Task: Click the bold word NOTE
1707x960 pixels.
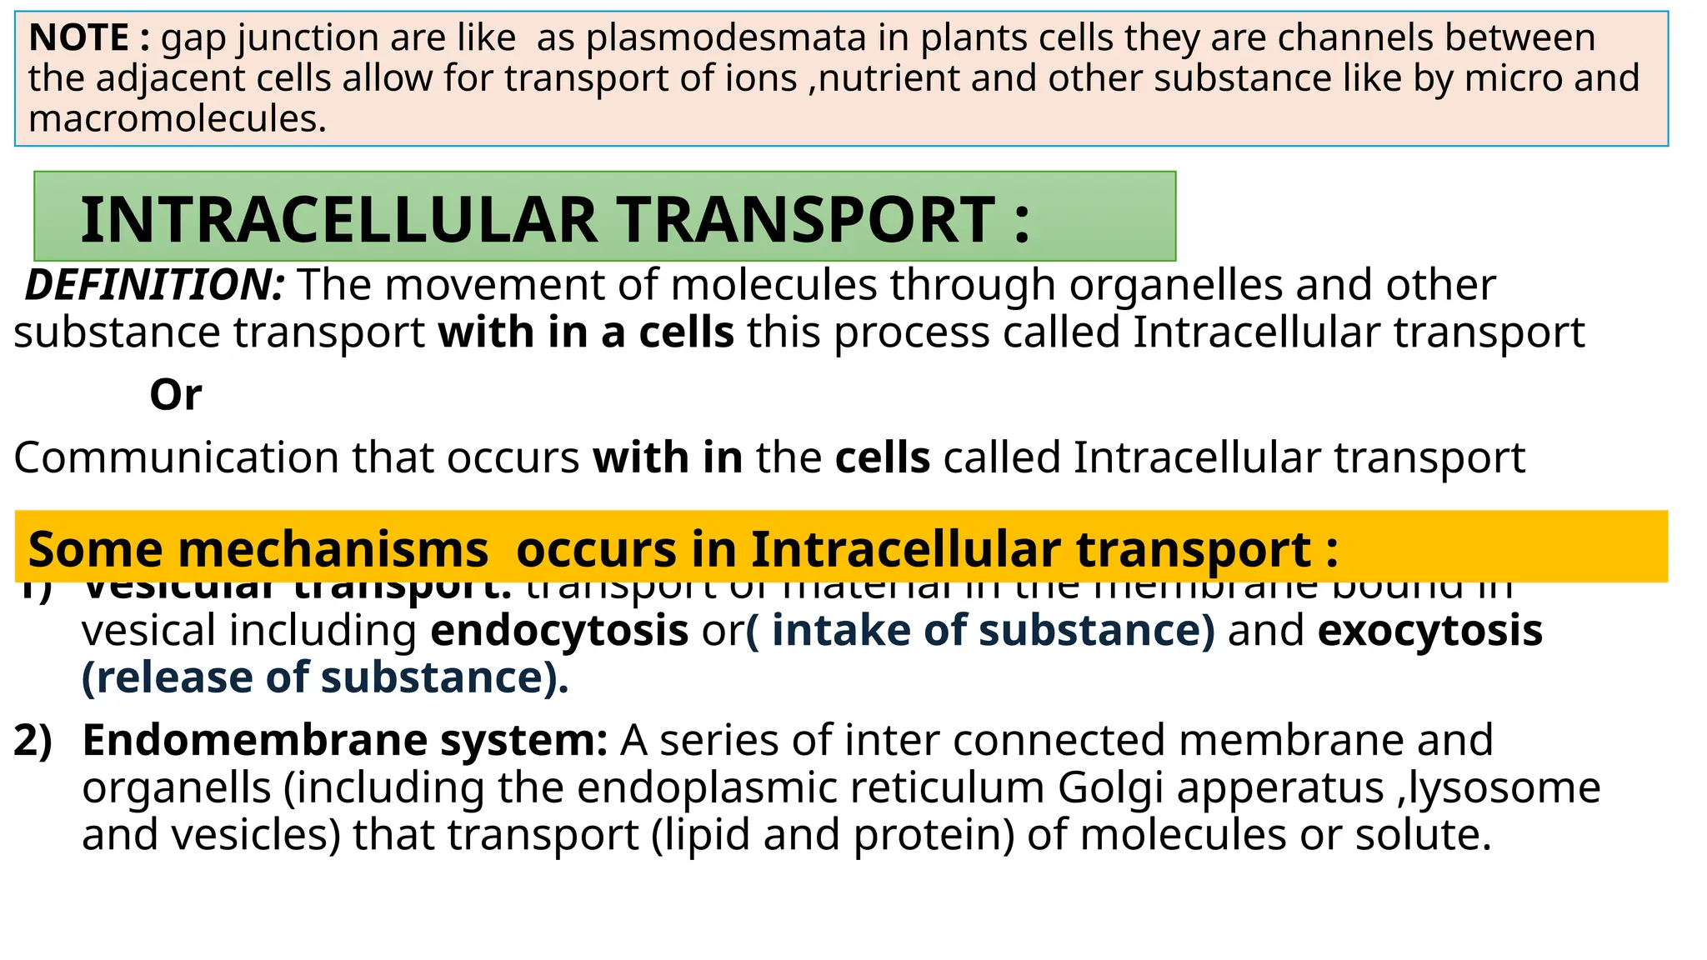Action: click(79, 38)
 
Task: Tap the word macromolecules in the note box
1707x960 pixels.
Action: click(177, 118)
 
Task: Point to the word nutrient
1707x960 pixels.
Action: click(889, 78)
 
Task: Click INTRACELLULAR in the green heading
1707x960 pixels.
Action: click(338, 220)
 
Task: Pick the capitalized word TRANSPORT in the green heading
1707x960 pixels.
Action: click(805, 220)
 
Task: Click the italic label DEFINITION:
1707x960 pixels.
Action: click(155, 285)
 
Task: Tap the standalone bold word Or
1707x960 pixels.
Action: click(175, 395)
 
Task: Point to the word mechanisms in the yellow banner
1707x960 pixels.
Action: click(333, 549)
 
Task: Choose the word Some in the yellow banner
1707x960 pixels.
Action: click(95, 549)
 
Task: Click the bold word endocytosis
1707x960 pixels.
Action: click(559, 630)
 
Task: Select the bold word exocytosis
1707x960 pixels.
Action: click(1429, 630)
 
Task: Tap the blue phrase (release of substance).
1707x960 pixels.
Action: click(325, 677)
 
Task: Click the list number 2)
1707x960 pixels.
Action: click(33, 740)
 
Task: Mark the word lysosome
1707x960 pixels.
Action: click(1504, 787)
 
